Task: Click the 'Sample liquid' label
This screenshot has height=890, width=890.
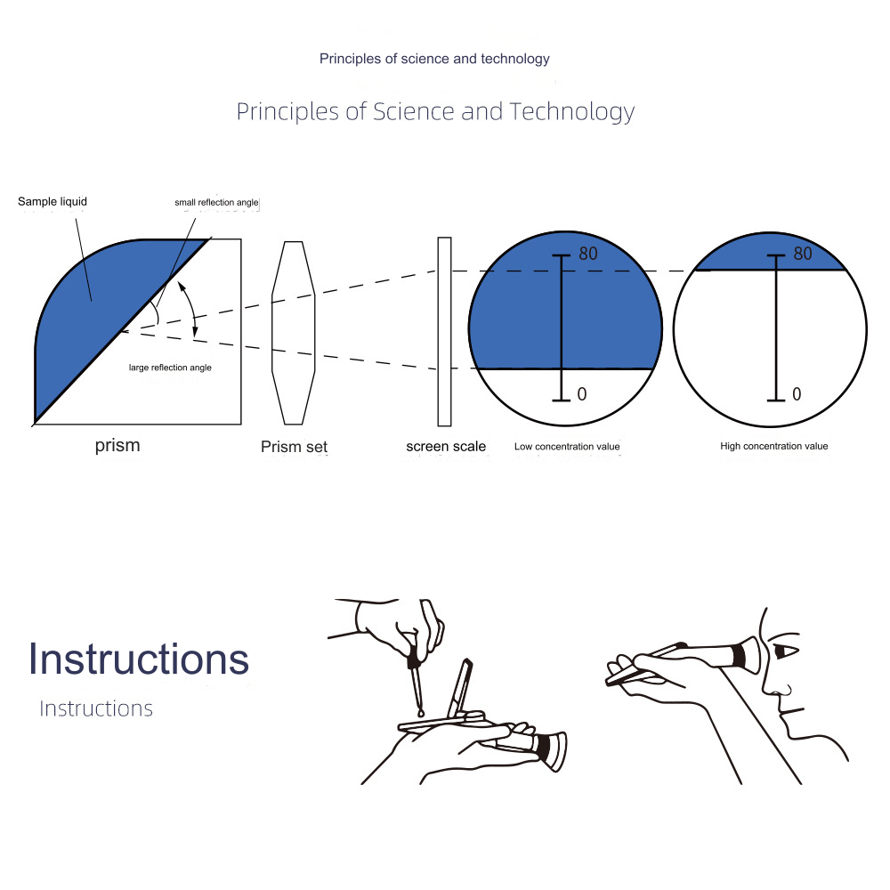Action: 53,201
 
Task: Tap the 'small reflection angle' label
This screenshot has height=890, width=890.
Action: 216,202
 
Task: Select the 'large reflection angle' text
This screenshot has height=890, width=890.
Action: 170,368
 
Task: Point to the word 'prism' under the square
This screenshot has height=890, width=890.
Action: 117,446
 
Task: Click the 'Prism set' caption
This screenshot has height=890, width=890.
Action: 294,447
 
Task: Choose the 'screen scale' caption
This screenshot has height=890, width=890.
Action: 446,447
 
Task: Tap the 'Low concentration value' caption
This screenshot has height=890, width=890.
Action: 567,447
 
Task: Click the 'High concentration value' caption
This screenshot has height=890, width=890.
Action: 774,446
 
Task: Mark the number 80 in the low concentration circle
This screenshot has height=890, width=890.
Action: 588,254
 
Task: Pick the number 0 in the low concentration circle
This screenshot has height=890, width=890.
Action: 582,394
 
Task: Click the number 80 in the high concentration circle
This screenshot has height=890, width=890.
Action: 803,254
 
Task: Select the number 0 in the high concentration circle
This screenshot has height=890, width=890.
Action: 797,394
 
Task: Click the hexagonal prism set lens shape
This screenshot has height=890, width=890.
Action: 293,333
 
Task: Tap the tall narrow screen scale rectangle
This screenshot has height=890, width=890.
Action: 444,331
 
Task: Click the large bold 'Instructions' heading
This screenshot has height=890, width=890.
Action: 139,659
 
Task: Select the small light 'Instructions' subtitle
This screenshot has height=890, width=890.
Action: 96,708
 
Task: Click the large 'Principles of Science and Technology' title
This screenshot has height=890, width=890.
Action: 435,112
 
